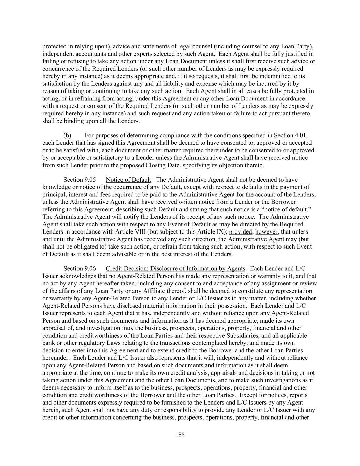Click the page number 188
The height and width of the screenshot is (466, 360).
pos(180,435)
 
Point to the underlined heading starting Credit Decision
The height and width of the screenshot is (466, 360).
pos(175,269)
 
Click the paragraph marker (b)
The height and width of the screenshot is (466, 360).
pos(67,136)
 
